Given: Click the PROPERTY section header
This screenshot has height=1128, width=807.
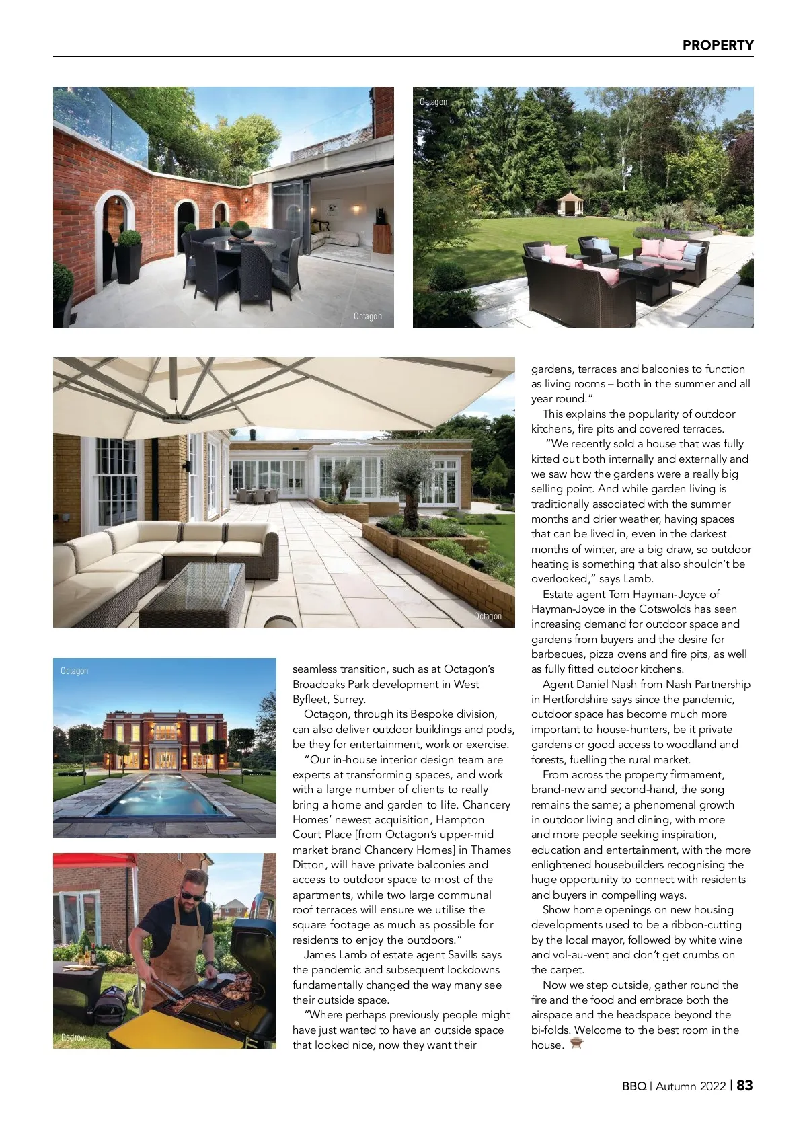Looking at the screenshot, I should click(x=718, y=45).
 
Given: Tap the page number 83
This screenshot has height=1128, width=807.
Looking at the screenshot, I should click(x=745, y=1085).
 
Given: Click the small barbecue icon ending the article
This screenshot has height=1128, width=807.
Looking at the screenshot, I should click(x=576, y=1044).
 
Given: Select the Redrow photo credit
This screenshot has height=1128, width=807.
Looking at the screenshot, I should click(x=73, y=1037).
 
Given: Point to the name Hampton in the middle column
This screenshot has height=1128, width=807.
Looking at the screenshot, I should click(x=460, y=820).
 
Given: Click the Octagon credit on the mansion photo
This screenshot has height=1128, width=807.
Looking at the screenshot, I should click(x=74, y=671).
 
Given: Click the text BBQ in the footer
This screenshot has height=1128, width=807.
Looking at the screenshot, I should click(x=633, y=1086).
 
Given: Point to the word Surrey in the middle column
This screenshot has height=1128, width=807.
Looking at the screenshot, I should click(x=350, y=700).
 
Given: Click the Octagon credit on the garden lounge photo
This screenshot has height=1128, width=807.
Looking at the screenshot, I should click(x=433, y=102).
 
